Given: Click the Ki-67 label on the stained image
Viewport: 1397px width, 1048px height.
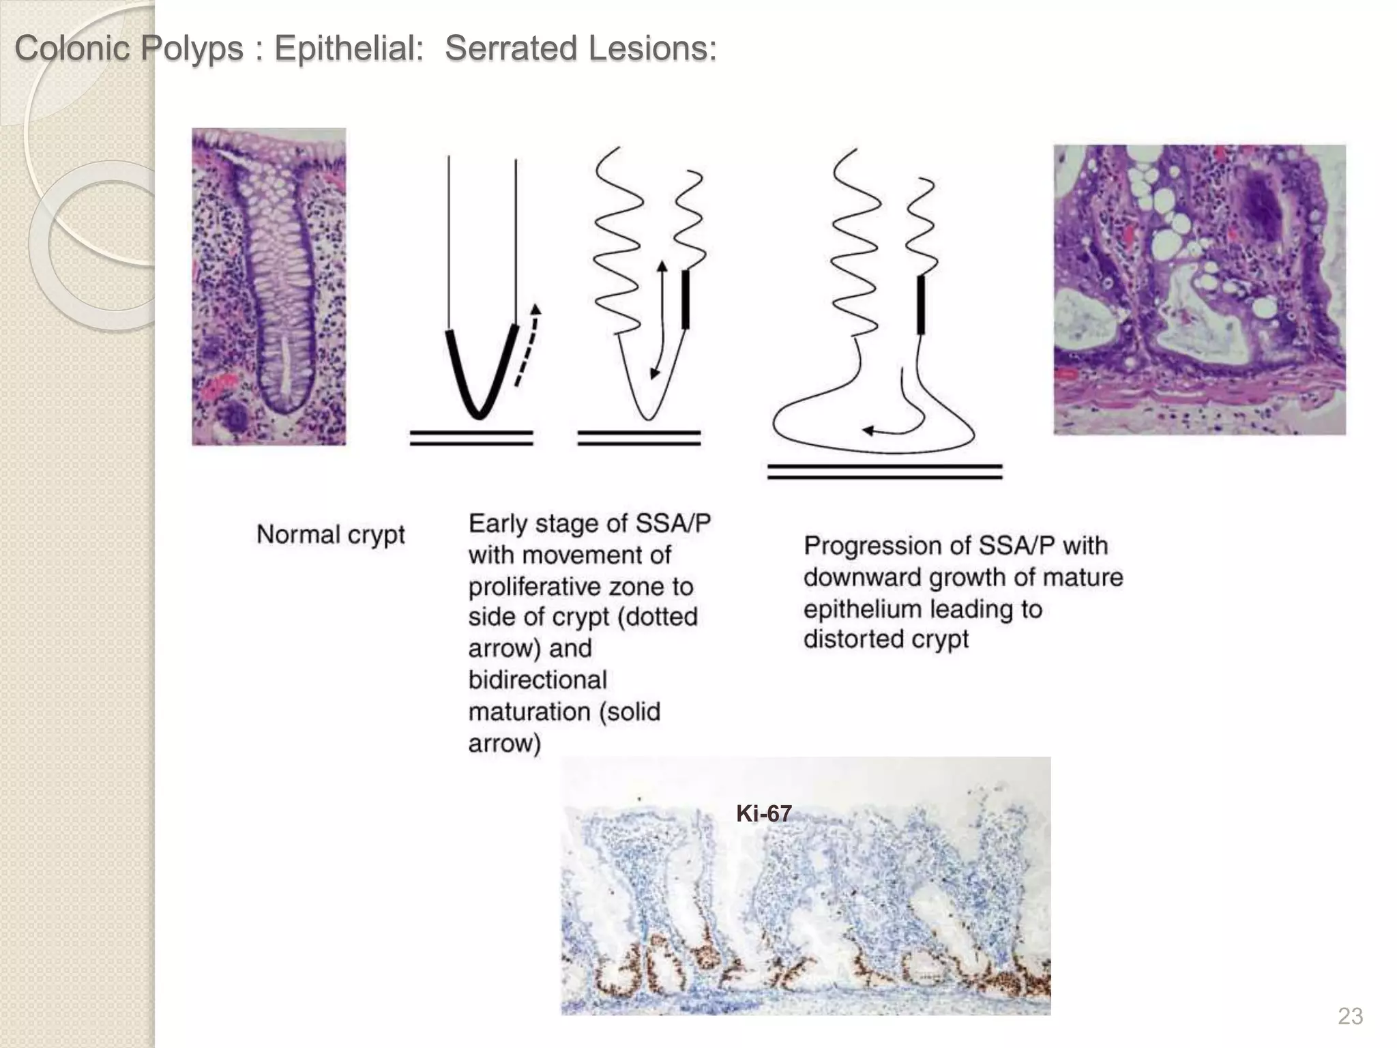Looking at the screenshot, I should point(763,813).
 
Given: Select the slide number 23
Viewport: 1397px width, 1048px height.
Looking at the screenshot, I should point(1350,1016).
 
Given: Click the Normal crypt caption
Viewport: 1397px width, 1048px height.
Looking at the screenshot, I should point(330,534).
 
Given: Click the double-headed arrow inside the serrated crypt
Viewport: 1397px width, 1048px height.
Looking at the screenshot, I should point(658,319).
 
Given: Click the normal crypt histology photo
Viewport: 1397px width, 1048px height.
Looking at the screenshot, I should point(269,287).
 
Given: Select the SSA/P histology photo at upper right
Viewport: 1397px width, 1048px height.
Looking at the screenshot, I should point(1199,289).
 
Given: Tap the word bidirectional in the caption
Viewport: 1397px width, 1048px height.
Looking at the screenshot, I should point(538,680).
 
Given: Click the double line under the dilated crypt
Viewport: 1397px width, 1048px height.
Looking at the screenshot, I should point(884,471).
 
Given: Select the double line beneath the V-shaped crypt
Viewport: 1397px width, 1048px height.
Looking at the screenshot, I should point(471,438).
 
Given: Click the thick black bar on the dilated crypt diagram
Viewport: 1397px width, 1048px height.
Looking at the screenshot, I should point(921,304).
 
